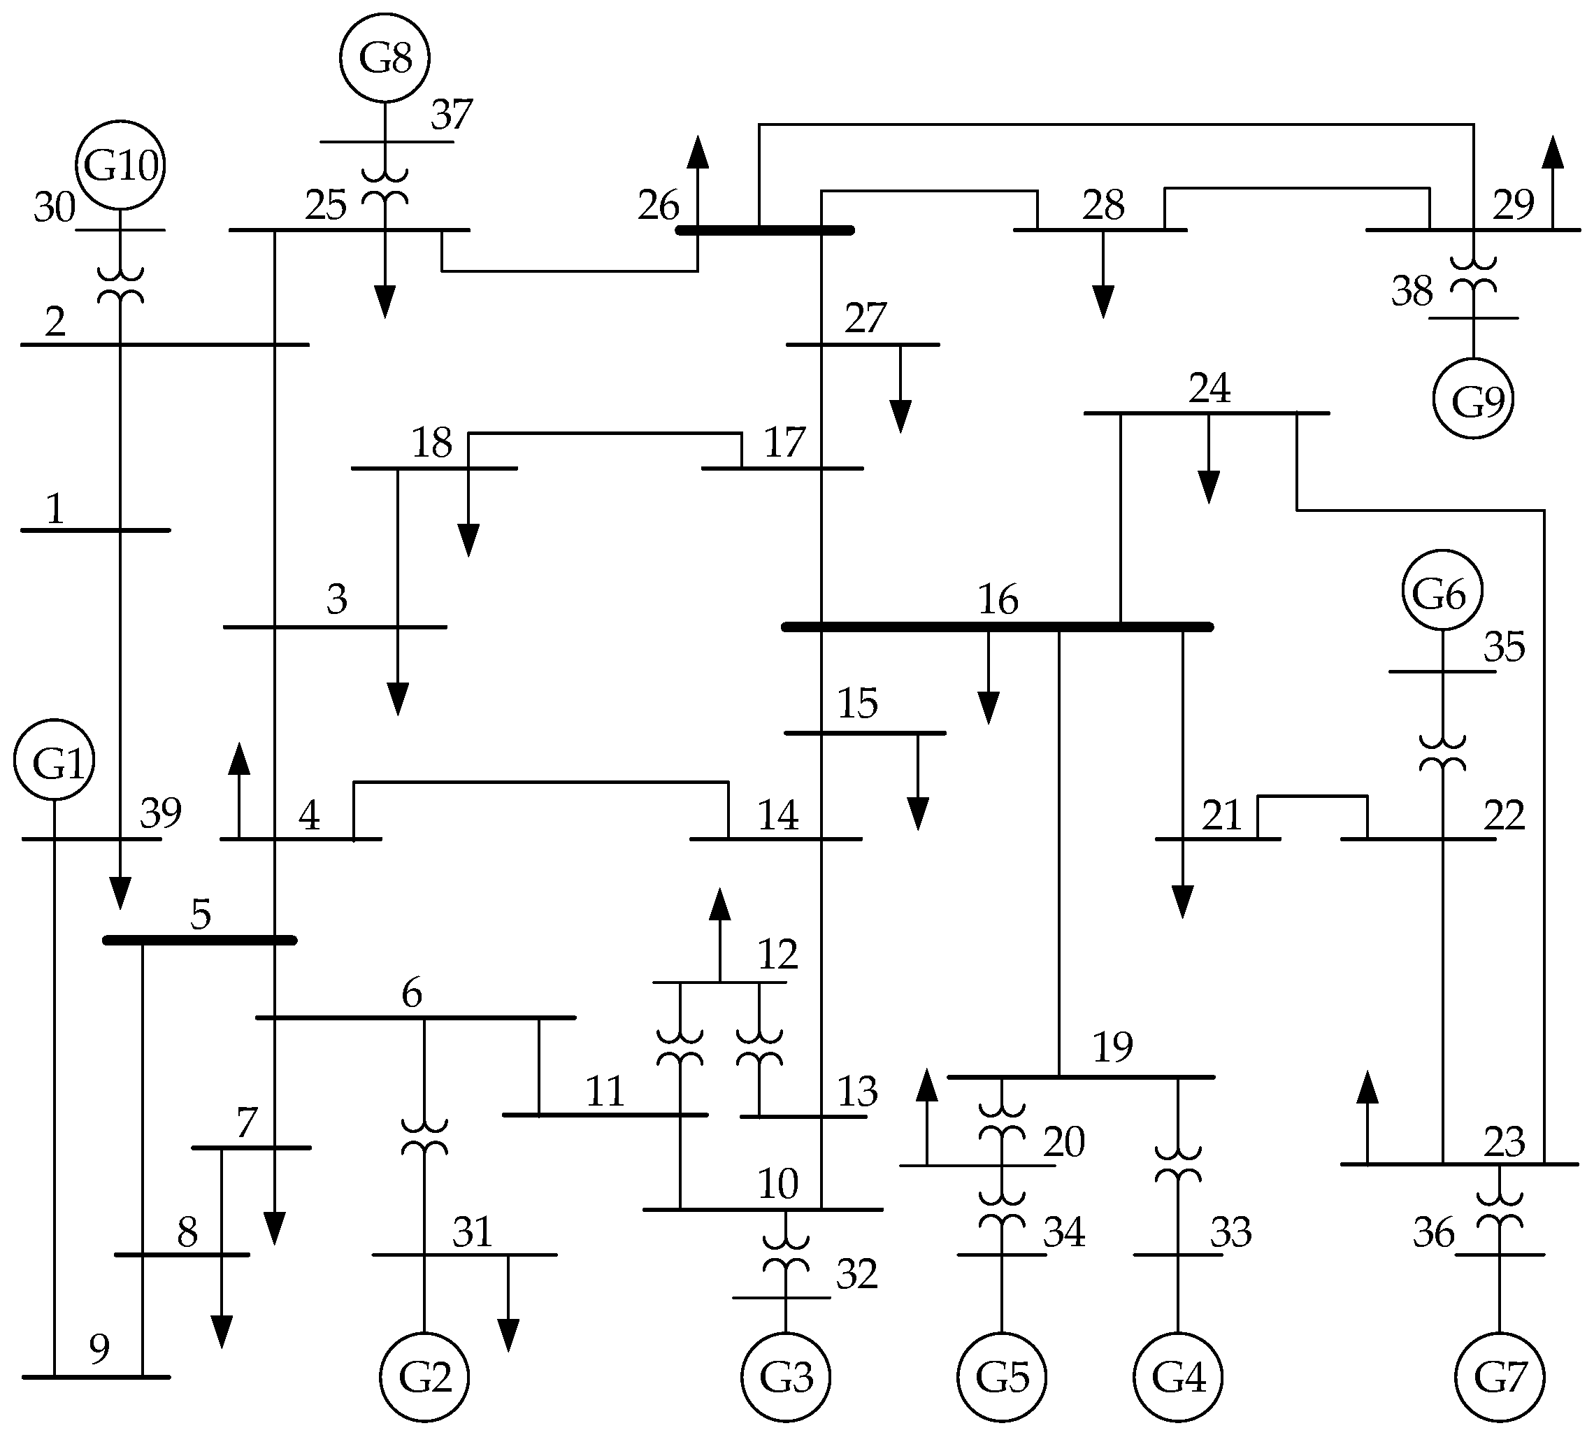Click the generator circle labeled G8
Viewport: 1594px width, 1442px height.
coord(385,58)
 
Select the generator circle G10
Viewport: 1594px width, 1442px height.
coord(120,165)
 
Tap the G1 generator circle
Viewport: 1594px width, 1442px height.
coord(55,760)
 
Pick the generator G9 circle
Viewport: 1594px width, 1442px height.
coord(1473,399)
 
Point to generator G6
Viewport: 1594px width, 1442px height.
coord(1442,591)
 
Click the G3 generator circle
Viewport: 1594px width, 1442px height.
coord(785,1376)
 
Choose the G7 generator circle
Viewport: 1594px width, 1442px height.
coord(1500,1376)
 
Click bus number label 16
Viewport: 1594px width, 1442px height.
coord(998,599)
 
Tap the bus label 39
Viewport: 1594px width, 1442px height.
coord(161,813)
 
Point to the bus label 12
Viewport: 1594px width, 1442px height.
coord(777,954)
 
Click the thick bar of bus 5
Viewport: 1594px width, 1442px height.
coord(200,941)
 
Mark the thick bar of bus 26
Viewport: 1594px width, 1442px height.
coord(765,230)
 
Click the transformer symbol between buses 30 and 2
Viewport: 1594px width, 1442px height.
coord(120,285)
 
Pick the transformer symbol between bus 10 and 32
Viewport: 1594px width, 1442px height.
coord(785,1255)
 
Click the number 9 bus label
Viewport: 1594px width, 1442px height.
coord(99,1349)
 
